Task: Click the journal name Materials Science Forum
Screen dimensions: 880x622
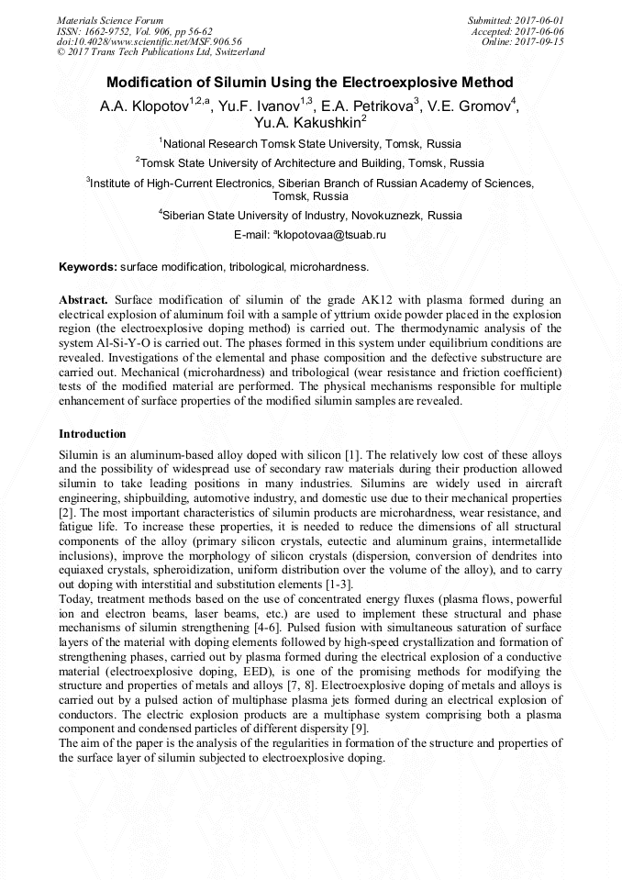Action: pos(110,19)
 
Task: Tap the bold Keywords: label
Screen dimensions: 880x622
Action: pos(88,267)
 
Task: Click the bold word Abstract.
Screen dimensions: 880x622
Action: pos(83,300)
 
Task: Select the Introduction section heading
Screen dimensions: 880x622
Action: pos(92,433)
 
